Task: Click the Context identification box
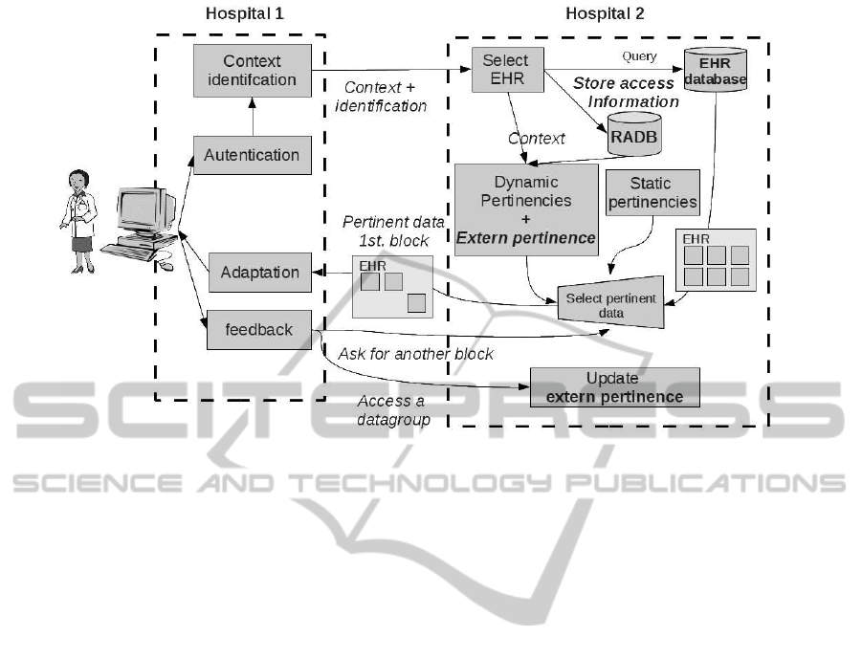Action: click(253, 70)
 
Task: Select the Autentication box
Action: click(253, 154)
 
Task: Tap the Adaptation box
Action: click(259, 272)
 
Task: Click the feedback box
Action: click(259, 330)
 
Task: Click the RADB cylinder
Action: click(633, 132)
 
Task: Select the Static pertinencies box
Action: click(651, 192)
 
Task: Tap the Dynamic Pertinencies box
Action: click(526, 209)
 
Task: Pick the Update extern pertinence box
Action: click(614, 386)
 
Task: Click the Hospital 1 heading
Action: click(245, 13)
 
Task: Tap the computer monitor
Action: click(144, 211)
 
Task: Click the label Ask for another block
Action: click(415, 354)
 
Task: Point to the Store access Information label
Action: click(626, 93)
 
